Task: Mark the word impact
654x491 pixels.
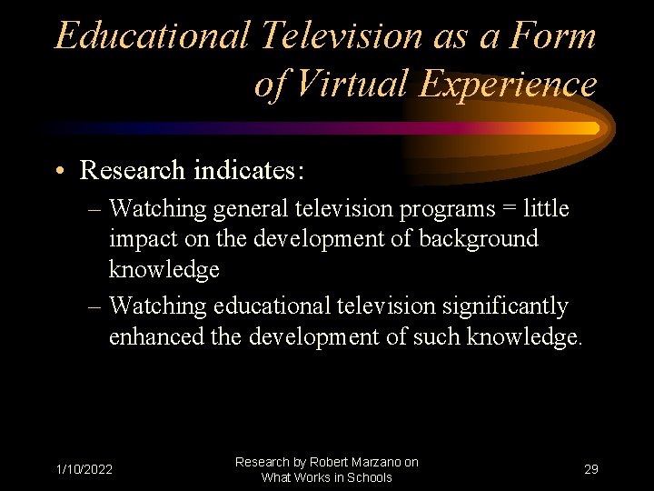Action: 139,239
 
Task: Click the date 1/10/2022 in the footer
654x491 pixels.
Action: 84,470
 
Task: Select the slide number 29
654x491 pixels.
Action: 591,470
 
